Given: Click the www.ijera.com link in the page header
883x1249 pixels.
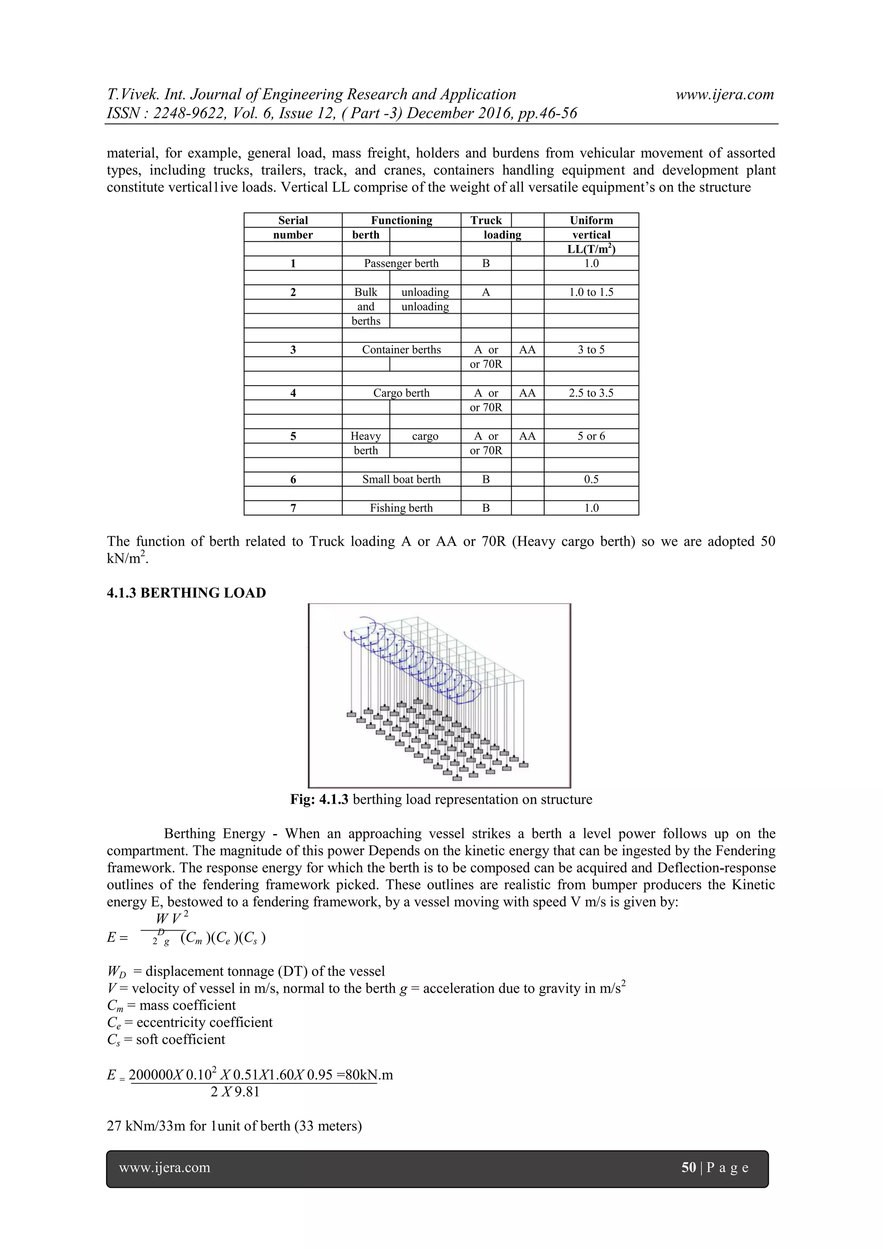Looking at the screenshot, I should (724, 94).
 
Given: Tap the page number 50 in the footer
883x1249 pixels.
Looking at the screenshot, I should (689, 1167).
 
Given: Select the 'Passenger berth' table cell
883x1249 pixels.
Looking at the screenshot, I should (401, 263).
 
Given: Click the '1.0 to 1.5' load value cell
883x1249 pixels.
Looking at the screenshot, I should (591, 292).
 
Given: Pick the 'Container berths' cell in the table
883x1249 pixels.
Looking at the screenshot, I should (401, 350).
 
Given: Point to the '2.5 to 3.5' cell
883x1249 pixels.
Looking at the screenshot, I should (591, 393).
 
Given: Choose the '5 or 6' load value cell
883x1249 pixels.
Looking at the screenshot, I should (591, 436).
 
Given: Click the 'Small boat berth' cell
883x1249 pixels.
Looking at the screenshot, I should (401, 479).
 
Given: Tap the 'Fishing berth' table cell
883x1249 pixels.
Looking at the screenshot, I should (401, 508).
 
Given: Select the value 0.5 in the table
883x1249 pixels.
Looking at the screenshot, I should (591, 479).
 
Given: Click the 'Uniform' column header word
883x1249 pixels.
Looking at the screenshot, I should (591, 220).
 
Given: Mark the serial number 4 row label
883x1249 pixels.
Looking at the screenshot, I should (293, 393).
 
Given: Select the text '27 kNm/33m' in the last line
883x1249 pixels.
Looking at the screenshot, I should (146, 1126).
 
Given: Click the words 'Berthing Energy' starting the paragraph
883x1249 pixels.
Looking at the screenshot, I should (215, 834).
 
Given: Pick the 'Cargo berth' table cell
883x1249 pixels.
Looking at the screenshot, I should (401, 393).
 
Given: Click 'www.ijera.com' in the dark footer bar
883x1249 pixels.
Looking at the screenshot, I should (164, 1167).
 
